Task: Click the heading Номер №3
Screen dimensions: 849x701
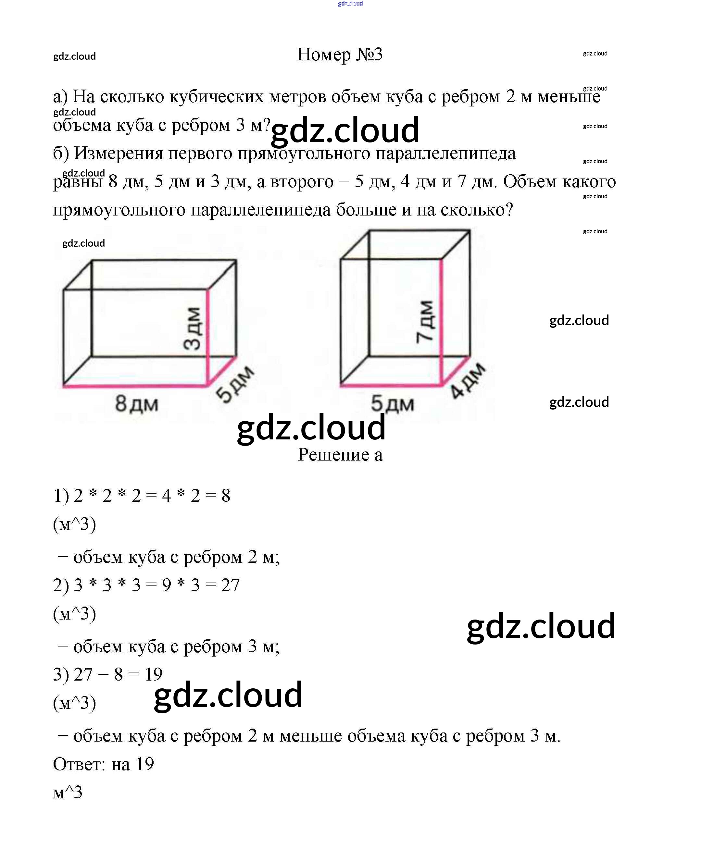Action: [340, 55]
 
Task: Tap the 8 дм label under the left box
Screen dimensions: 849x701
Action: [136, 403]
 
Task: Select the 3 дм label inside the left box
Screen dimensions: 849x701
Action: [192, 328]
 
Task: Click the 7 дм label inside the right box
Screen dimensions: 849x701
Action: [426, 322]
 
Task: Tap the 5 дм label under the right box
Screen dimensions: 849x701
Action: [392, 403]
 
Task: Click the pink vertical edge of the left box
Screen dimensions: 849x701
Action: [208, 337]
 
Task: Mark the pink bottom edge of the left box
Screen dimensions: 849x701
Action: [135, 386]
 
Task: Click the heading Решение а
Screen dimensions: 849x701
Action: [340, 455]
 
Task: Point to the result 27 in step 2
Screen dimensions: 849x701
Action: [231, 585]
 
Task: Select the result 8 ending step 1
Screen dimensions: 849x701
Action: [226, 496]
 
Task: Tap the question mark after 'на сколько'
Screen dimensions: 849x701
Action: [509, 210]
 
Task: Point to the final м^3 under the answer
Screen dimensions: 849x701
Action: [68, 793]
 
